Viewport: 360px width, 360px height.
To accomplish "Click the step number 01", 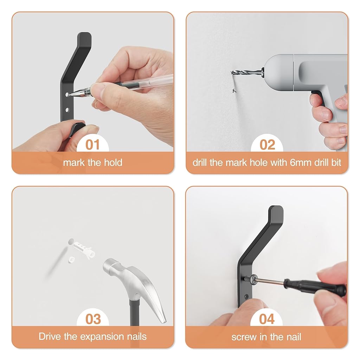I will (x=92, y=144).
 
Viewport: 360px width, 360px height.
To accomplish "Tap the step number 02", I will (x=267, y=144).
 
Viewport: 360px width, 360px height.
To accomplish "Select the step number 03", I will (x=93, y=319).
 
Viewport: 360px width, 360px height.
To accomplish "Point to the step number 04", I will (x=267, y=319).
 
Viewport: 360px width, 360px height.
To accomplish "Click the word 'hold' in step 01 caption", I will (x=112, y=163).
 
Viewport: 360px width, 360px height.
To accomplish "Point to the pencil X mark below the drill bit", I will (x=234, y=91).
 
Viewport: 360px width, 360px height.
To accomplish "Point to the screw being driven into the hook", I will (x=250, y=279).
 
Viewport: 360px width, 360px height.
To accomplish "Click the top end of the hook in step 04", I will (x=277, y=211).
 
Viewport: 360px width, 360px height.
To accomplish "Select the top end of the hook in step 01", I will (x=84, y=37).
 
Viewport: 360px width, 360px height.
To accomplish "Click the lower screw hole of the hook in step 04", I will (x=246, y=296).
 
